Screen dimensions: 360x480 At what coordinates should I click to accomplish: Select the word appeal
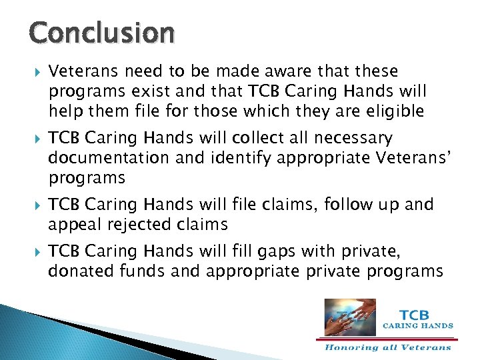(74, 225)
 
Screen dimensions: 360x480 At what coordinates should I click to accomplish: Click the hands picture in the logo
(349, 317)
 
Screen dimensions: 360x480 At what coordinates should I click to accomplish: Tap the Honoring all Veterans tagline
(388, 347)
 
